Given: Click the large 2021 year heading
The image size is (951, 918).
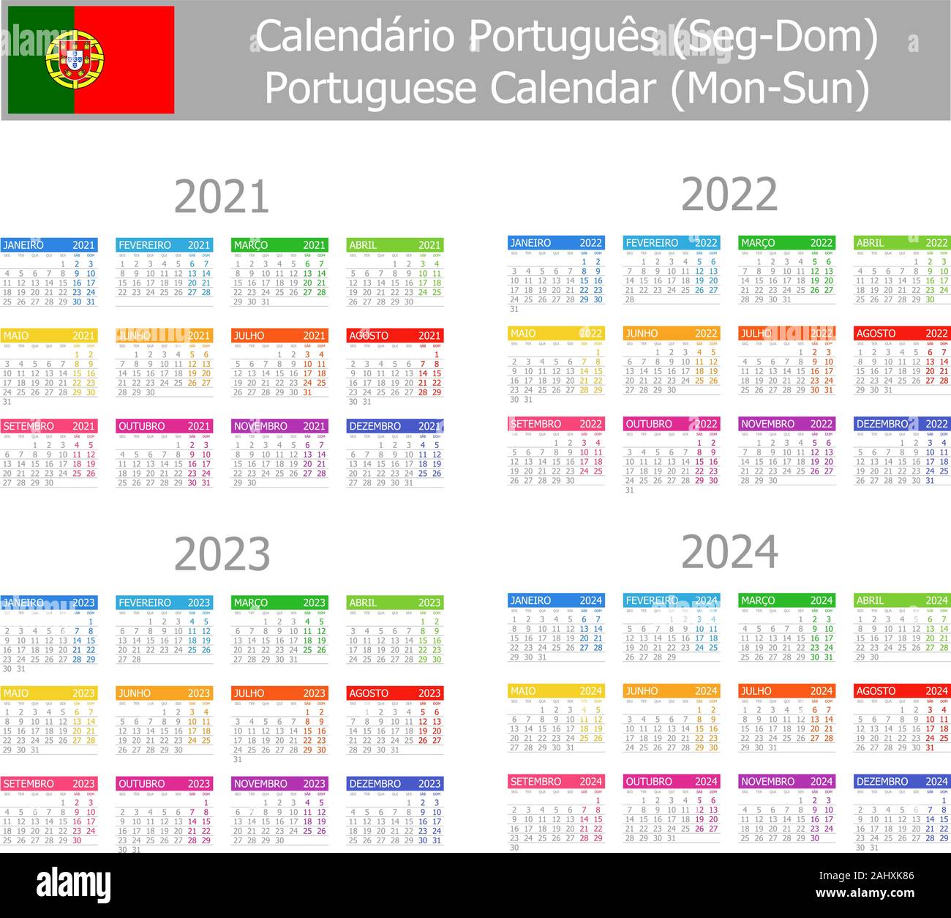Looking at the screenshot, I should (222, 197).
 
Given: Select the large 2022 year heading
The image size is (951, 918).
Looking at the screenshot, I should (729, 195).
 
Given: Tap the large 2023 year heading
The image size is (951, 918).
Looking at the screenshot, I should (222, 554).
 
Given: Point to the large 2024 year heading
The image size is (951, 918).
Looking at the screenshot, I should (729, 552).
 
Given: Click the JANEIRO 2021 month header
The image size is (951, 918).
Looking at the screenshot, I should (48, 245).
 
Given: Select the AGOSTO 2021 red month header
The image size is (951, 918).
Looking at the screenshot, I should (394, 335).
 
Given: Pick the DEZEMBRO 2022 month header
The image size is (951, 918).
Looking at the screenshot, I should (901, 424).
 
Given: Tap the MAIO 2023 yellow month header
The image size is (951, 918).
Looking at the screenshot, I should (48, 693).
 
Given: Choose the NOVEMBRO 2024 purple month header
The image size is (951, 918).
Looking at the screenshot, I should (786, 781).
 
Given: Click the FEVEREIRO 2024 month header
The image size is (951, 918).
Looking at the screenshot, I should (671, 600).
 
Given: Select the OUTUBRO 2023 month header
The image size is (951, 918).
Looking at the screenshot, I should (164, 783).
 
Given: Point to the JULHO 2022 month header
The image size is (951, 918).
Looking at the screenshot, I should (786, 333).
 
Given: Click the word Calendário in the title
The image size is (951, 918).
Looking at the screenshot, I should (356, 37).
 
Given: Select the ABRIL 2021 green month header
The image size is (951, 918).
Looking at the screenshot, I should (394, 245).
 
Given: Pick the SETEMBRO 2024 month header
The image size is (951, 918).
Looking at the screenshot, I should (555, 781).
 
